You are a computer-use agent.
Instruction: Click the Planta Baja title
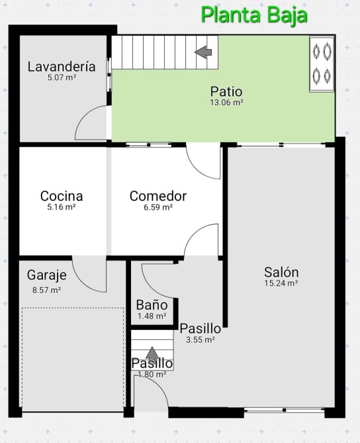[255, 16]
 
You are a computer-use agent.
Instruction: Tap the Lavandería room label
[62, 67]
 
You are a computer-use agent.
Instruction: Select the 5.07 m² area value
[62, 78]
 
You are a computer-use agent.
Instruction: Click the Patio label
[226, 92]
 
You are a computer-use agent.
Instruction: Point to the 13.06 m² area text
[226, 102]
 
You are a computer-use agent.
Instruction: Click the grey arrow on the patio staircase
[203, 52]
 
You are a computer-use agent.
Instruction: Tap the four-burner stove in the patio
[322, 64]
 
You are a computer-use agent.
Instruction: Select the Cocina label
[62, 196]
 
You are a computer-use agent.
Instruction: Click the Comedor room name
[158, 196]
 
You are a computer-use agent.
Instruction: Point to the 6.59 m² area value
[158, 208]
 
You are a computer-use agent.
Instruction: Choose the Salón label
[281, 272]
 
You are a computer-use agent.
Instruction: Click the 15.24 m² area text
[281, 283]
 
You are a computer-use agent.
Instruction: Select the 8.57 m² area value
[47, 290]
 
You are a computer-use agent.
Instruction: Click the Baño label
[152, 305]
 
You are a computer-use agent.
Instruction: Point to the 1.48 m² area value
[152, 316]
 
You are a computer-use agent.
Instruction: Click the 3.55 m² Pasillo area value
[201, 340]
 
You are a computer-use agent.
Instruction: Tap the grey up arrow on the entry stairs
[152, 354]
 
